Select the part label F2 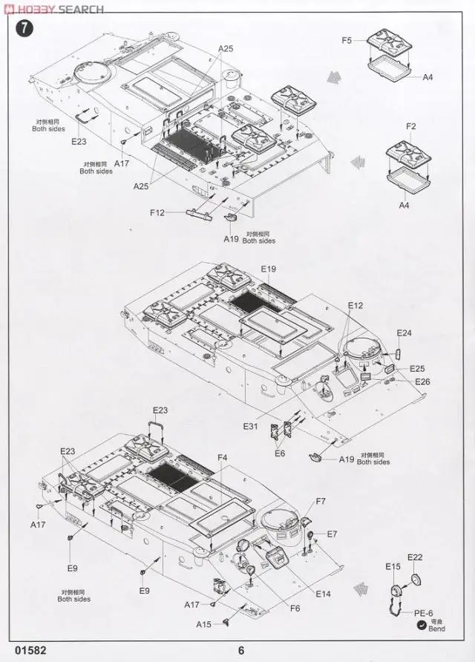tap(411, 127)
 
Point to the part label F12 tap(157, 213)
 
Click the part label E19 tap(268, 269)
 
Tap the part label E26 tap(422, 381)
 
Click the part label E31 tap(251, 426)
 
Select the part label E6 tap(280, 453)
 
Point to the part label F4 tap(223, 458)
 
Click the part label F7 tap(321, 502)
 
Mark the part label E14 tap(323, 593)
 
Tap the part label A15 tap(204, 624)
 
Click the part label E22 tap(415, 557)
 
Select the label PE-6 tap(423, 613)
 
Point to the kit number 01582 tap(28, 651)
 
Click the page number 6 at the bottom tap(241, 651)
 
